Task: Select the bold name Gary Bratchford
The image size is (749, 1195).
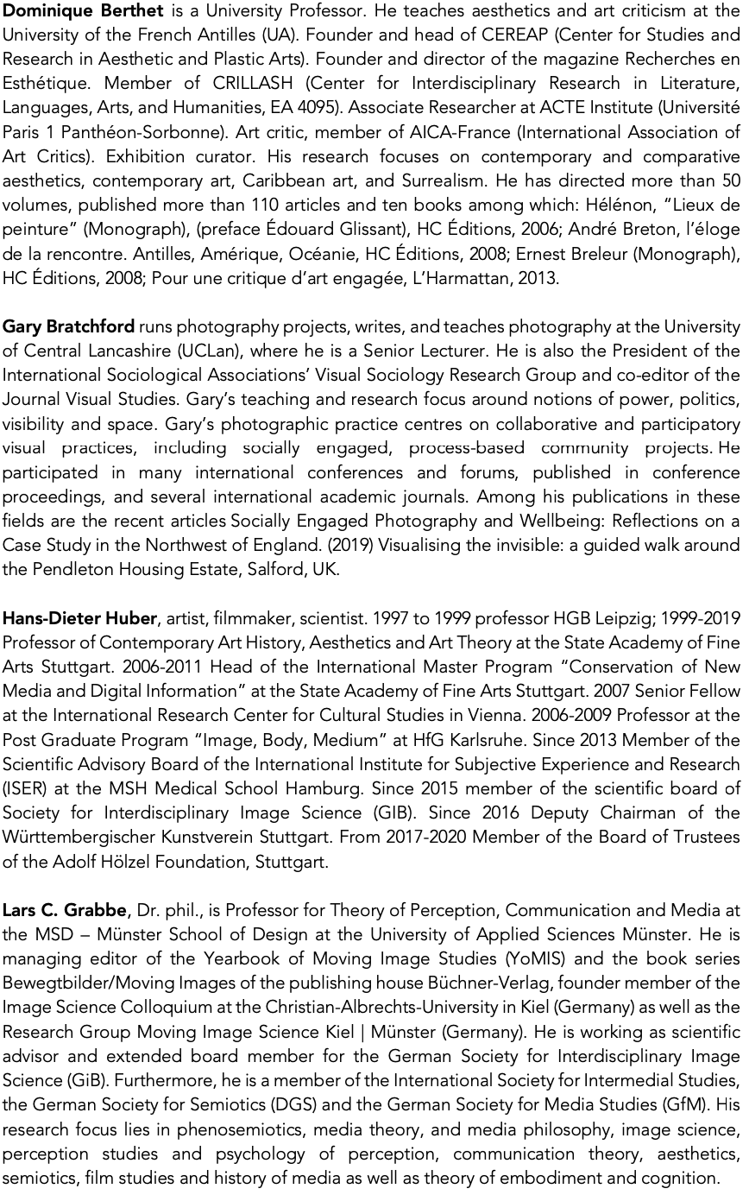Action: tap(68, 327)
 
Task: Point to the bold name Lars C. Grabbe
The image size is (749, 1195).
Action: tap(66, 910)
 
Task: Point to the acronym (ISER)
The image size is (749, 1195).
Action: tap(27, 788)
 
